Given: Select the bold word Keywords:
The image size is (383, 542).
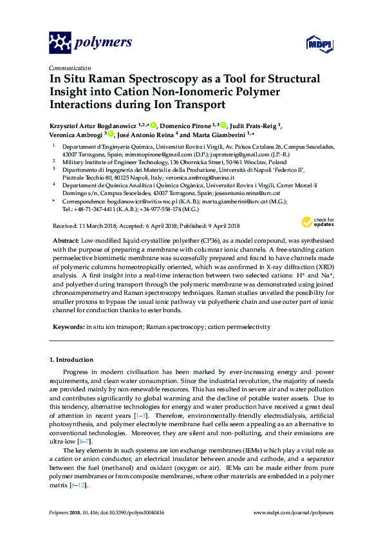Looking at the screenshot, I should click(67, 327).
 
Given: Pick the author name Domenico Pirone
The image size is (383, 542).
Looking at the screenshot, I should click(187, 126).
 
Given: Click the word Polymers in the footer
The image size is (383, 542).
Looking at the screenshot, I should click(61, 513).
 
